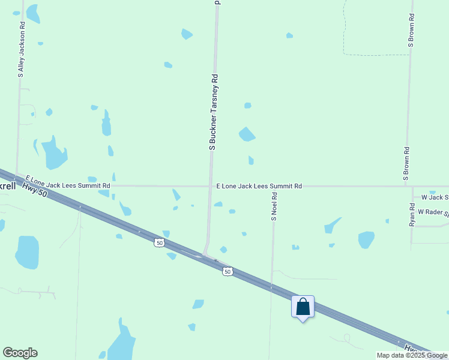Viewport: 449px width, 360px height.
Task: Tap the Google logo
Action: click(20, 353)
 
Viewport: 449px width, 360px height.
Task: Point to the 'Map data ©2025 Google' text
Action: click(412, 355)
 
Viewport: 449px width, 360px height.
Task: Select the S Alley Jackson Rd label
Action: click(21, 50)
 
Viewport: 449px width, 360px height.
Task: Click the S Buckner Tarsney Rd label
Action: click(212, 112)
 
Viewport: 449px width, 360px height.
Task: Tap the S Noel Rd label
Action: click(274, 206)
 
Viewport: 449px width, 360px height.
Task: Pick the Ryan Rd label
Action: click(412, 214)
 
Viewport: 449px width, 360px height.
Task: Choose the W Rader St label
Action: click(433, 212)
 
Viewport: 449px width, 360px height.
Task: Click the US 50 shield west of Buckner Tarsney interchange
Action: click(158, 242)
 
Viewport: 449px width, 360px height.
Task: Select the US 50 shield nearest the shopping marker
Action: click(227, 272)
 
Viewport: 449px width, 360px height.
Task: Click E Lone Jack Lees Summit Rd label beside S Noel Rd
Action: click(259, 187)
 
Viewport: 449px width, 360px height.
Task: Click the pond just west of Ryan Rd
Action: click(366, 239)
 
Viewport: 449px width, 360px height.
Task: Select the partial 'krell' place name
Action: click(8, 186)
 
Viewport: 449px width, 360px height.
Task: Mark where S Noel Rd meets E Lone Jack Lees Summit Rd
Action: click(274, 187)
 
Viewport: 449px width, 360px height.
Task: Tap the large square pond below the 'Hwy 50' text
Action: click(27, 252)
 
